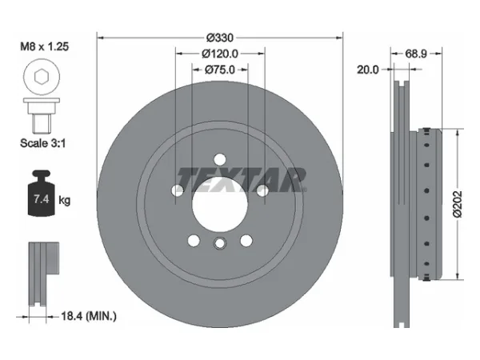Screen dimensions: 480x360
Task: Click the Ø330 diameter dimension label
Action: tap(220, 38)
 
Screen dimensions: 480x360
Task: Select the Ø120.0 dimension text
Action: tap(220, 54)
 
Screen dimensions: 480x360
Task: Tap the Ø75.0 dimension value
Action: tap(220, 70)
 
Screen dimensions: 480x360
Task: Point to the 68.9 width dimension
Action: tap(416, 54)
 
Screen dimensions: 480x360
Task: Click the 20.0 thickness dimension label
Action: tap(368, 70)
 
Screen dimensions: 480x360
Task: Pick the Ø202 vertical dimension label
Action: tap(457, 204)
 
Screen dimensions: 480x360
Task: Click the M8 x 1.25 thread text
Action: tap(44, 46)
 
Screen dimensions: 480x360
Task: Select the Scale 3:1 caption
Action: tap(43, 143)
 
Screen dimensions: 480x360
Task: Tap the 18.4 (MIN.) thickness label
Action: tap(89, 316)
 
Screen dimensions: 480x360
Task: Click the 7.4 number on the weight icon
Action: tap(42, 199)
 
